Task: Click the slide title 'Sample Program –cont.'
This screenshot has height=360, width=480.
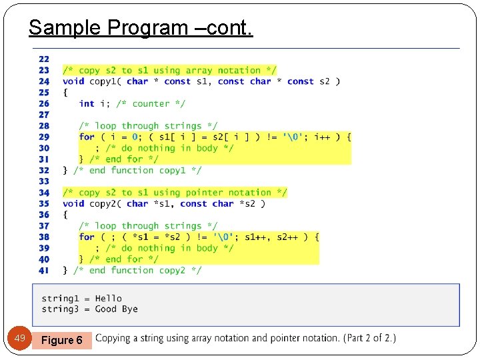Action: click(141, 28)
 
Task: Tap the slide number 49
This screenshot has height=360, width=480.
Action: click(20, 339)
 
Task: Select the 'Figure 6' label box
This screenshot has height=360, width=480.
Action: click(62, 340)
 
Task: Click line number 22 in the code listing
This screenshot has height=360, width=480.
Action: click(44, 59)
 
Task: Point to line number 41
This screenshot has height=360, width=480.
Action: click(44, 270)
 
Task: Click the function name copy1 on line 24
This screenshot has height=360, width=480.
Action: click(103, 81)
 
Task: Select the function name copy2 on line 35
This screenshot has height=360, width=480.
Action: click(103, 203)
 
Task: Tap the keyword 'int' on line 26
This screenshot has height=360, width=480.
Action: click(87, 103)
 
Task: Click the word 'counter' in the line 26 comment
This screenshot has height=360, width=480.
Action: click(151, 103)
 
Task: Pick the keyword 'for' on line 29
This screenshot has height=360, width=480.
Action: click(87, 137)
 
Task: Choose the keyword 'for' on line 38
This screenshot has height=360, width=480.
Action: click(87, 237)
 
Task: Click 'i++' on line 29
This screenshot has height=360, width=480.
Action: click(322, 137)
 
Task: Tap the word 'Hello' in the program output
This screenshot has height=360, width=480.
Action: click(109, 298)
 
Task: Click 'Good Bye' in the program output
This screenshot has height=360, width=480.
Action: click(117, 309)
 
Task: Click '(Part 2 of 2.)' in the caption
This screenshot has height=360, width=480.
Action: click(369, 338)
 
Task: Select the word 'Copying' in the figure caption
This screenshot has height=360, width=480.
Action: click(114, 339)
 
